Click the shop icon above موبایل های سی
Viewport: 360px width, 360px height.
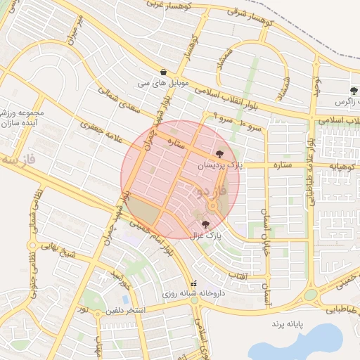pyautogui.click(x=163, y=71)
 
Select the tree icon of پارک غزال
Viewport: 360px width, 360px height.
pyautogui.click(x=205, y=224)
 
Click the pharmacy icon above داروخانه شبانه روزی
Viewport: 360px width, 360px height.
pyautogui.click(x=184, y=283)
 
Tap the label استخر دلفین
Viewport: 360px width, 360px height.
pyautogui.click(x=126, y=310)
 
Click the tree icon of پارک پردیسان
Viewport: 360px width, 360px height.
pyautogui.click(x=220, y=152)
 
